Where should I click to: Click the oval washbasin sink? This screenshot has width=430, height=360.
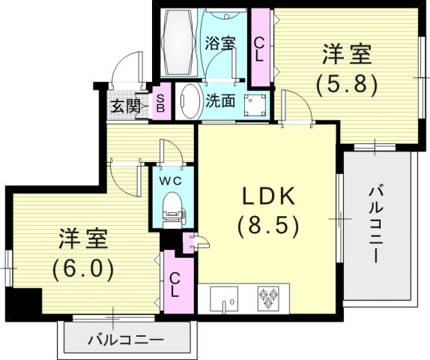188,100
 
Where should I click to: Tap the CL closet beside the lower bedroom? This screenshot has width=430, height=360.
174,284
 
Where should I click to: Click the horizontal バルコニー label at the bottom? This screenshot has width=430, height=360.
125,340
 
